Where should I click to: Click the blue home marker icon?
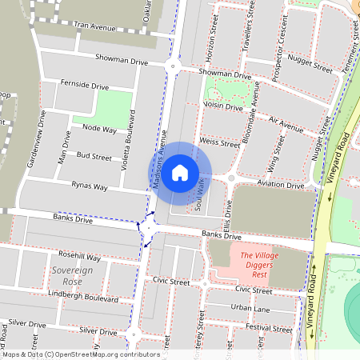click(x=180, y=172)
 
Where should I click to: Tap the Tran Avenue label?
click(x=94, y=26)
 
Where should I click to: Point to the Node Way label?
click(x=99, y=129)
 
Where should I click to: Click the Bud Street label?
click(x=94, y=157)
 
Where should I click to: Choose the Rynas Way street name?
click(x=89, y=186)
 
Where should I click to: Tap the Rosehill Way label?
click(x=79, y=258)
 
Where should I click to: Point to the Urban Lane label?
click(x=250, y=307)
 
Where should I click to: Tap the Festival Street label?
click(x=270, y=327)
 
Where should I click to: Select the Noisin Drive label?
click(x=223, y=105)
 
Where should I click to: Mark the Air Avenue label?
click(x=286, y=124)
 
